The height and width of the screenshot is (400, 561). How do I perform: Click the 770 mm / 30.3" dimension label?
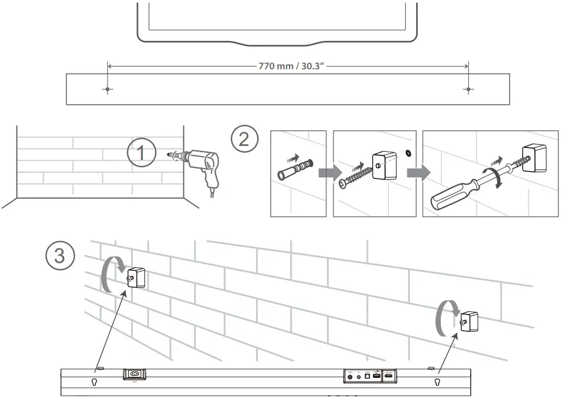click(288, 67)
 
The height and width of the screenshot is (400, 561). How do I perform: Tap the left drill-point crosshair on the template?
click(108, 90)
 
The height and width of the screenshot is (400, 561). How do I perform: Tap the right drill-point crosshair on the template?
click(468, 90)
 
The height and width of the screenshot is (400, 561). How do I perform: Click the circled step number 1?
click(141, 154)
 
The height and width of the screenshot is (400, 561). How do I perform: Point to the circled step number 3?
click(60, 256)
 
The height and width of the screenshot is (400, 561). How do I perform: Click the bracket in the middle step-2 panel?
click(384, 166)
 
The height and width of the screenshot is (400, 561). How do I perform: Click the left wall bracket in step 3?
click(136, 277)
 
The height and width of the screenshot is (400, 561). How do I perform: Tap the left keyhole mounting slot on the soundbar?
click(95, 382)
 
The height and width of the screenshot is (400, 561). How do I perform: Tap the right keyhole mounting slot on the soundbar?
click(437, 382)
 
